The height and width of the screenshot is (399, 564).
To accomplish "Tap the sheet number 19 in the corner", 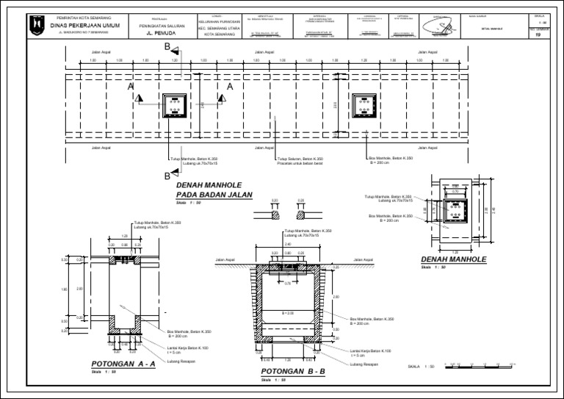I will pos(539,35).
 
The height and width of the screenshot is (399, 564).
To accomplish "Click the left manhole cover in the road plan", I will pos(173,107).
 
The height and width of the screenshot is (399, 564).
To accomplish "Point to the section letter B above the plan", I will pos(168,46).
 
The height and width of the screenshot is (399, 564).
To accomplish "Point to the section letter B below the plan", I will pos(167,176).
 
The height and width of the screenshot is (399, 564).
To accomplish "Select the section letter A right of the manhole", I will pos(229,87).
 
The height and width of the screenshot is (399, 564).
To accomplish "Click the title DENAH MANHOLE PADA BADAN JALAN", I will pos(213,191).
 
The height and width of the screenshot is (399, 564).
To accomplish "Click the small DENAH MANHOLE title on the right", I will pos(455,259).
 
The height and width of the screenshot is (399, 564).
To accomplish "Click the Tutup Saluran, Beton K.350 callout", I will pos(300,158).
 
